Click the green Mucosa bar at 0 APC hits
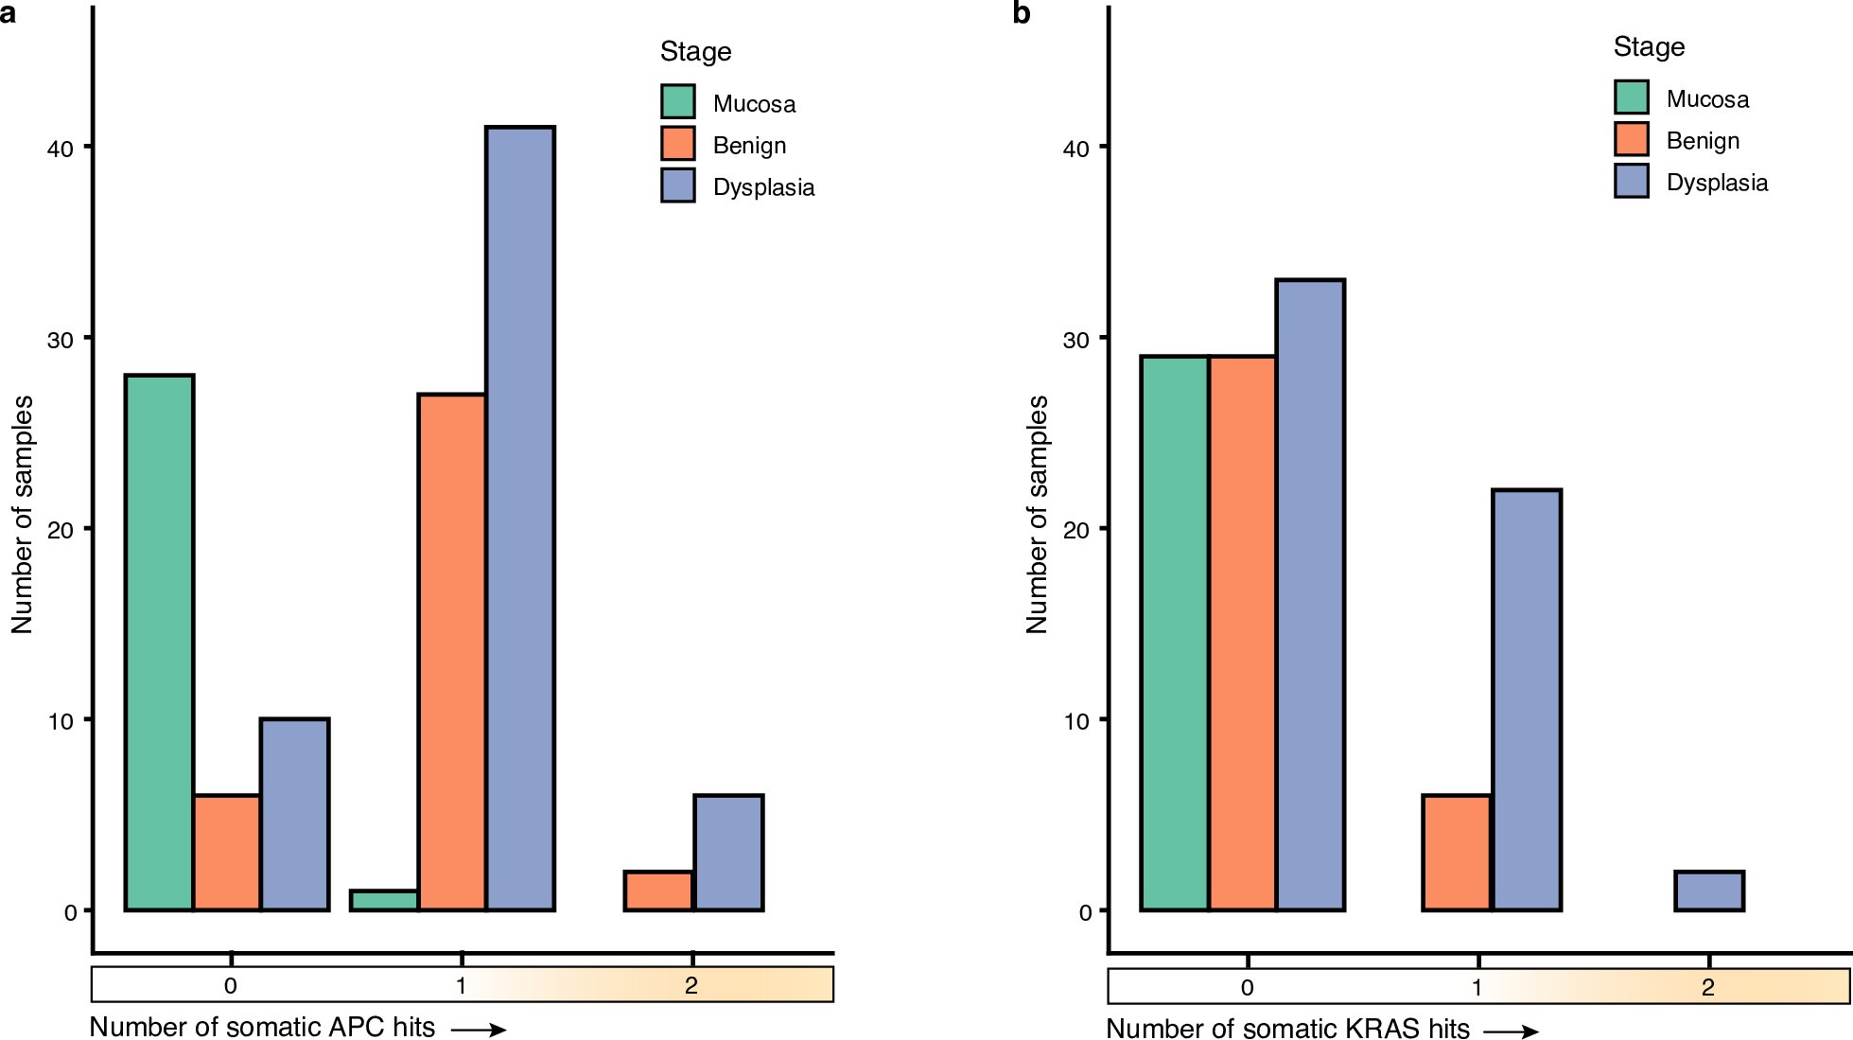tap(159, 643)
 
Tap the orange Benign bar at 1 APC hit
tap(452, 652)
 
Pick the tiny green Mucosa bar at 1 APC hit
tap(384, 900)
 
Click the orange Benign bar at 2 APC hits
tap(658, 890)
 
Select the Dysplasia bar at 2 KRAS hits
tap(1708, 890)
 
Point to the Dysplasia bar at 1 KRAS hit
tap(1526, 700)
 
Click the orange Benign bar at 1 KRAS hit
tap(1457, 853)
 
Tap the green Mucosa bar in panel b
tap(1174, 633)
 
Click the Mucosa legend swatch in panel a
tap(677, 102)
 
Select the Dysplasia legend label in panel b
tap(1716, 183)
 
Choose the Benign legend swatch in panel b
tap(1631, 139)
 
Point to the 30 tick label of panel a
tap(60, 339)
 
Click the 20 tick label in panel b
tap(1076, 529)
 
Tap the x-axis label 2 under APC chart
tap(691, 986)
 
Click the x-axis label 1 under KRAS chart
tap(1477, 988)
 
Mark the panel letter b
tap(1021, 13)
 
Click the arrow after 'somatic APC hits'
tap(479, 1030)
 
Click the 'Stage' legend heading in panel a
tap(695, 51)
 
